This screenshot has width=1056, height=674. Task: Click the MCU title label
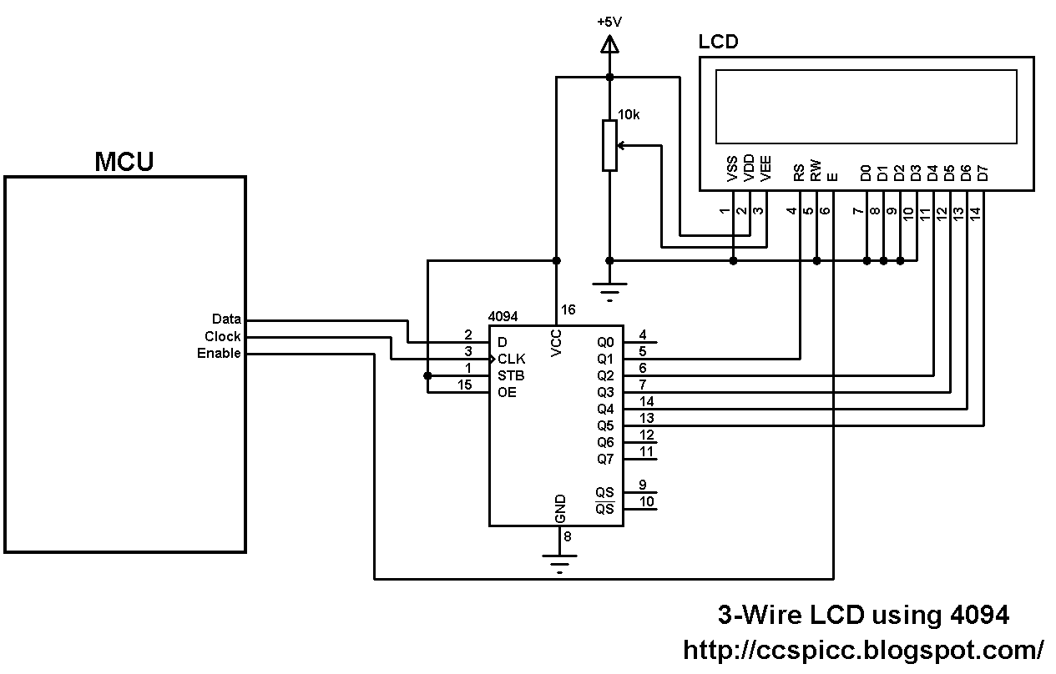(x=124, y=161)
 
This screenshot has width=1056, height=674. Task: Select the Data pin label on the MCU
(x=225, y=319)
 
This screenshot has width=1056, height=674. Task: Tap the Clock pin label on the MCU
(x=222, y=336)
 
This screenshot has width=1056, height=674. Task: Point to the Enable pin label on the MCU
(x=219, y=354)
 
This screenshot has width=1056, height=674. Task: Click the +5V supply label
(x=610, y=22)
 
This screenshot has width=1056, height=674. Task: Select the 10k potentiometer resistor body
(x=610, y=145)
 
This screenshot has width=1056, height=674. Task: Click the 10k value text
(x=629, y=113)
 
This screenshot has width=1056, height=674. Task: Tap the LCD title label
(x=718, y=42)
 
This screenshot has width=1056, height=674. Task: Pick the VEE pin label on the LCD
(x=765, y=169)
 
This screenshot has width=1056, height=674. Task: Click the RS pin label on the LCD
(x=799, y=173)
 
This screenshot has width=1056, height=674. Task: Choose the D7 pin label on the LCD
(x=983, y=174)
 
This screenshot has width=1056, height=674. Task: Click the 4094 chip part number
(x=503, y=317)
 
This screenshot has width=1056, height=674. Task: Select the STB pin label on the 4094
(x=510, y=375)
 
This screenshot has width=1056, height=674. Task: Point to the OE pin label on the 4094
(x=507, y=392)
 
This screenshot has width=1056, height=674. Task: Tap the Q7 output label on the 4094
(x=605, y=459)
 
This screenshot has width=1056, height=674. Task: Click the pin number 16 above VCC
(x=568, y=310)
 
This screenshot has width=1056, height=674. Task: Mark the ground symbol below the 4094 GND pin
(x=558, y=563)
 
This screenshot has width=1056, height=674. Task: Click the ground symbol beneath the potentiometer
(x=610, y=291)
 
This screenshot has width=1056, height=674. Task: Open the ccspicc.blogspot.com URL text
(x=863, y=649)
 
